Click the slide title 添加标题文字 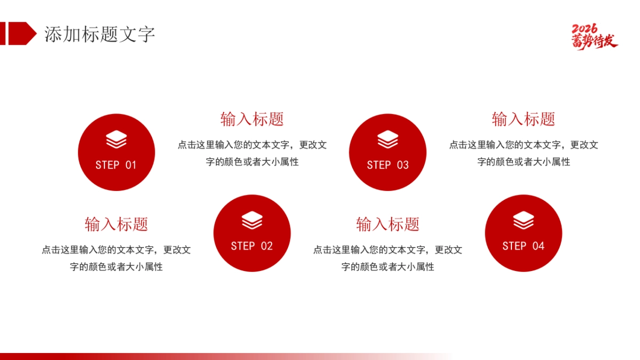point(99,34)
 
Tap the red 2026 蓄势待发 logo point(594,36)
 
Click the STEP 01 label point(116,165)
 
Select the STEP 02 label point(252,246)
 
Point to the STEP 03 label point(388,165)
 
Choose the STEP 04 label point(523,246)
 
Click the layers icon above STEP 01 point(116,140)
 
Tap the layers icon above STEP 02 point(252,220)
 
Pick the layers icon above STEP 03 point(388,140)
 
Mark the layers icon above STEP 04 point(523,220)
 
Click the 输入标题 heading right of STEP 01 point(252,119)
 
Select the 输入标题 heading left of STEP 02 point(116,224)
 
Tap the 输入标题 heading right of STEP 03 point(523,119)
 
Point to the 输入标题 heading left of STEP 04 point(388,224)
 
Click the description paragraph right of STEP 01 point(252,153)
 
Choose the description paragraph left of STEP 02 point(116,258)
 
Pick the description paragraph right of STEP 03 point(523,153)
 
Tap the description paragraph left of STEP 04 point(388,258)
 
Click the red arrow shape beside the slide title point(20,33)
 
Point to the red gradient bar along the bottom point(160,356)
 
